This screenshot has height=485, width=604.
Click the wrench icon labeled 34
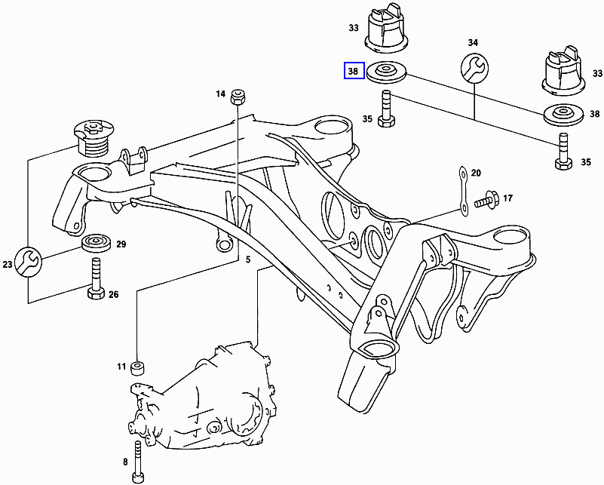point(474,69)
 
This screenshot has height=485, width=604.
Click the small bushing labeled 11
point(139,368)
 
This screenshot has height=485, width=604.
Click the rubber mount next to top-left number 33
point(391,30)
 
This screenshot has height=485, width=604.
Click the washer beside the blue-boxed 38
point(386,72)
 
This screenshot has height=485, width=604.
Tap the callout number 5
point(248,259)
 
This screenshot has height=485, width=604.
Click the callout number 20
point(475,173)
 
